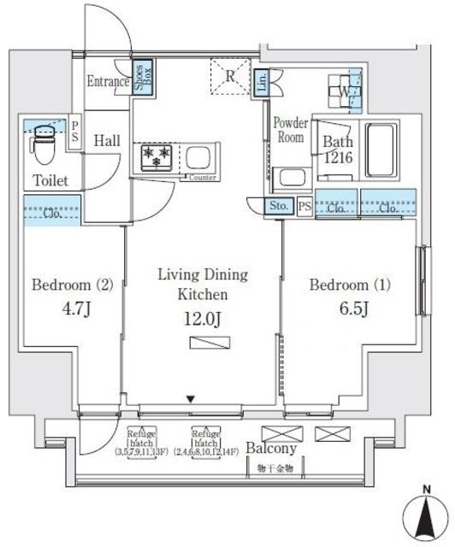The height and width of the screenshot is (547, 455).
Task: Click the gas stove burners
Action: pos(157,157)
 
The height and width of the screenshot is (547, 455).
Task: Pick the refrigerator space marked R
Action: pos(229,75)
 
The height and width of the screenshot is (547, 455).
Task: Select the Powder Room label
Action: pos(289,129)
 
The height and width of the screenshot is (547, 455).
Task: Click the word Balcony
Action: pos(271,448)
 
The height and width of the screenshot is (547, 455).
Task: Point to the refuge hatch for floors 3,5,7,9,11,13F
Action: pos(142,438)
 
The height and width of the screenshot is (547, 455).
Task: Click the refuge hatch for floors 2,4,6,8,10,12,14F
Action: pos(205,438)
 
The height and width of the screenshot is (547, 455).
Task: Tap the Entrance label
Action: pos(108,82)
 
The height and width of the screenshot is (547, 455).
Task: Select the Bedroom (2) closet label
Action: pos(50,213)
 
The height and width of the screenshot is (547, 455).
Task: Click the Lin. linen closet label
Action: pos(263,83)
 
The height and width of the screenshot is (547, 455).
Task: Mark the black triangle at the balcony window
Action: pos(191,397)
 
